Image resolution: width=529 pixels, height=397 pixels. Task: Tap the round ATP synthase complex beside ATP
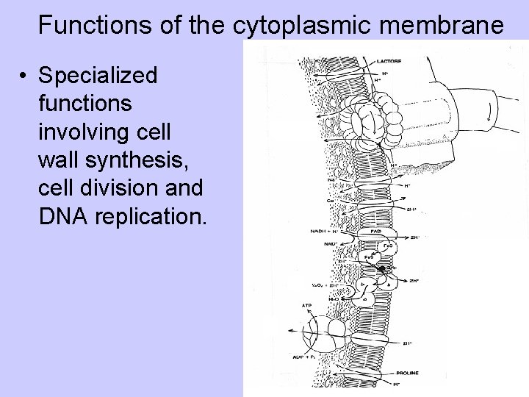click(328, 335)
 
